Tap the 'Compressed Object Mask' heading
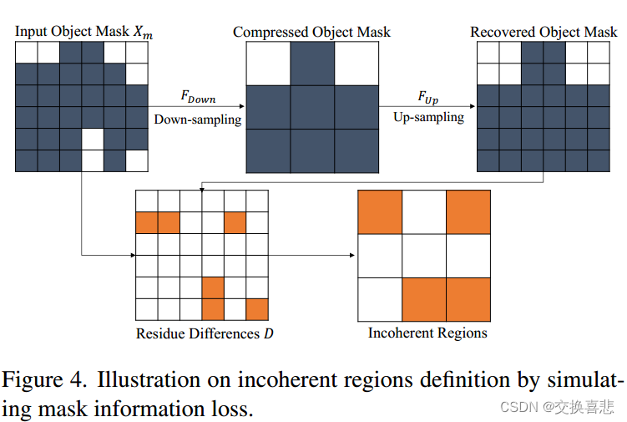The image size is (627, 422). pos(311,33)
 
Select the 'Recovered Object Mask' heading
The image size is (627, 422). pos(544,33)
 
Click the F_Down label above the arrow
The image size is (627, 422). pos(198,98)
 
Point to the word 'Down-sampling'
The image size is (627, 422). pos(197,119)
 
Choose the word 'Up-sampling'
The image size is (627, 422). pos(428,117)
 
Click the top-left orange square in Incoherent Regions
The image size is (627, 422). pos(380,212)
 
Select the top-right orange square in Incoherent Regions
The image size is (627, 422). pos(468,212)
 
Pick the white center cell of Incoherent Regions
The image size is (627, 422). pos(424,256)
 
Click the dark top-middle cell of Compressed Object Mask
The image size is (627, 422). pos(312,64)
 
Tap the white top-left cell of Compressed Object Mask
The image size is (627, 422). pos(268,64)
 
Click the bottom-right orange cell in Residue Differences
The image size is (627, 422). pos(256,310)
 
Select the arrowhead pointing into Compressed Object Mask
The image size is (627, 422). pos(242,107)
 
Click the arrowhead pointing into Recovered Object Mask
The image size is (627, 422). pos(472,107)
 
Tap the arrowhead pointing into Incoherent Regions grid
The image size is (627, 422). pos(353,255)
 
